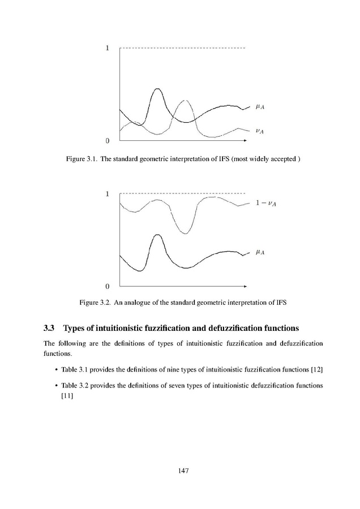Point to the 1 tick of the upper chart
108,49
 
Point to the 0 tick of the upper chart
108,140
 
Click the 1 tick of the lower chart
108,194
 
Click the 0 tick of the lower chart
108,286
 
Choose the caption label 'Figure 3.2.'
94,303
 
